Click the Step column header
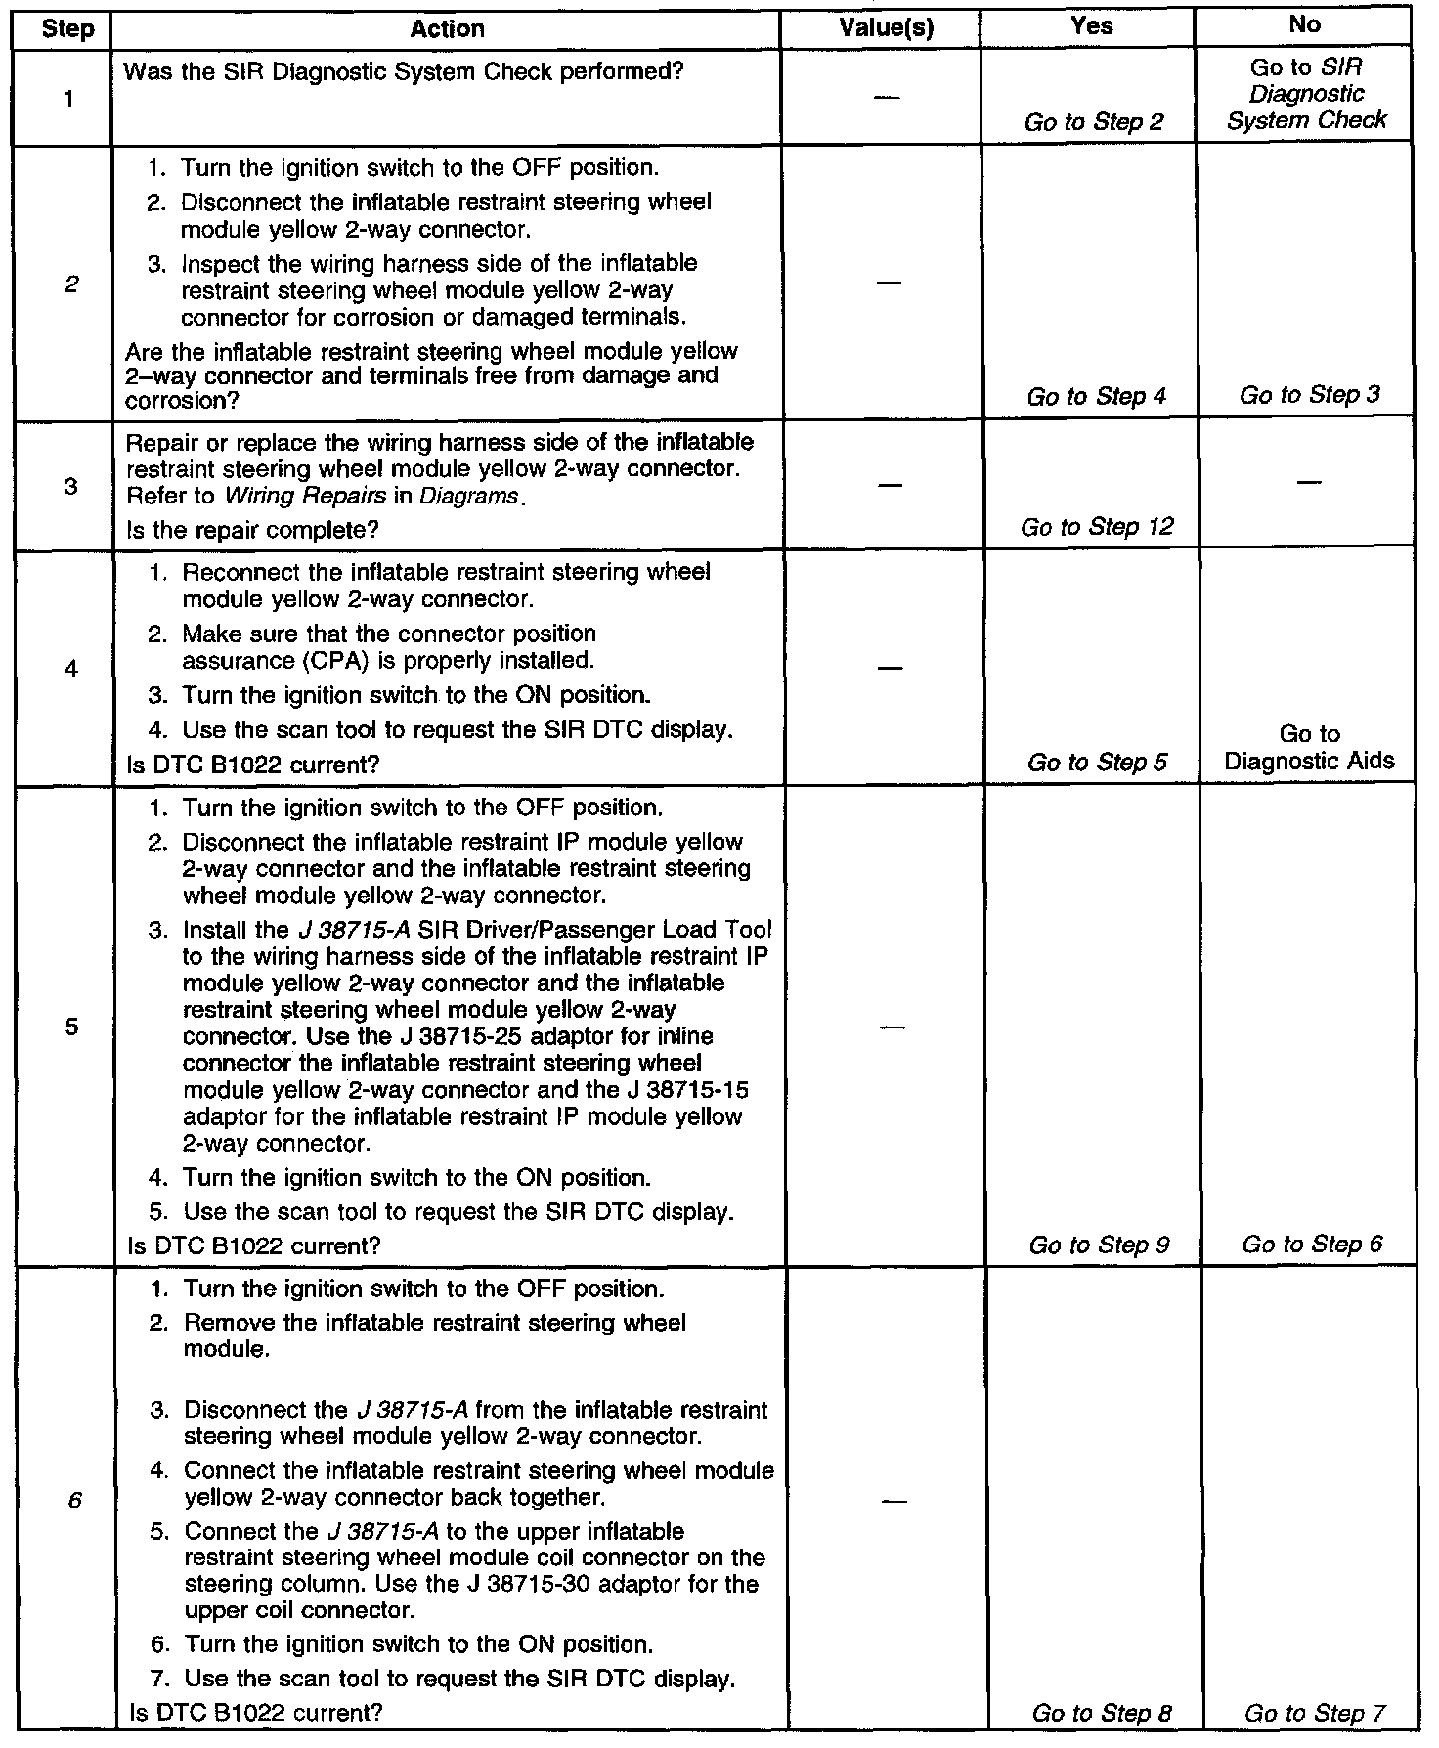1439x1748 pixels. coord(67,29)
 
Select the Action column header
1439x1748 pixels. coord(447,29)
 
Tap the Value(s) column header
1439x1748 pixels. coord(886,29)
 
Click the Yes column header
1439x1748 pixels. coord(1091,26)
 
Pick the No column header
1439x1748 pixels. coord(1304,26)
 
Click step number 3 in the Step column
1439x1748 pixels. coord(70,486)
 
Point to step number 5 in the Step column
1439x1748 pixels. coord(71,1027)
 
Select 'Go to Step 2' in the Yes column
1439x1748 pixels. coord(1094,122)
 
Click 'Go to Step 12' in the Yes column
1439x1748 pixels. coord(1097,528)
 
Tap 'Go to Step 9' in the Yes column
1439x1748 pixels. coord(1099,1245)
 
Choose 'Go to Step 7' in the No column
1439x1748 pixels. coord(1315,1713)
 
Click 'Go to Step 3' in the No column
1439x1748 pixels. coord(1310,395)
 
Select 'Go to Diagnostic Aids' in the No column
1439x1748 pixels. coord(1309,748)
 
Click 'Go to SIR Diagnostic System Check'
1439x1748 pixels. coord(1306,94)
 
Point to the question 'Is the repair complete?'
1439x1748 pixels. coord(252,530)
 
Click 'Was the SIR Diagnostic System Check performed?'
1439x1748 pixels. coord(404,72)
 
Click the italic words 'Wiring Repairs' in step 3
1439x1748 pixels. coord(305,496)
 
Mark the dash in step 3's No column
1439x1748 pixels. coord(1308,482)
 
